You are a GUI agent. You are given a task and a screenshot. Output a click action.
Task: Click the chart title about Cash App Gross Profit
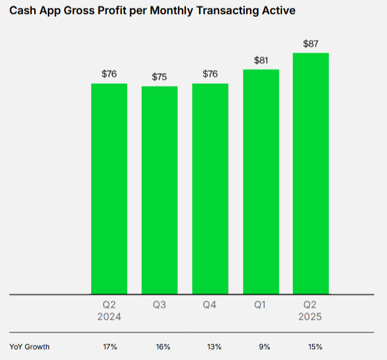click(x=152, y=11)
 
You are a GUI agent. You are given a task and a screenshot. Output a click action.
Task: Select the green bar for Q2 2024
click(x=109, y=188)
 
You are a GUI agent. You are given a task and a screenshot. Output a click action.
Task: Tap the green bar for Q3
click(x=160, y=190)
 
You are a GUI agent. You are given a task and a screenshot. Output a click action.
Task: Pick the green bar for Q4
click(x=210, y=188)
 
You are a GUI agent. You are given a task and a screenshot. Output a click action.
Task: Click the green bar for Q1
click(x=260, y=182)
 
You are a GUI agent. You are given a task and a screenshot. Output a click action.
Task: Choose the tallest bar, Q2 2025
click(x=311, y=173)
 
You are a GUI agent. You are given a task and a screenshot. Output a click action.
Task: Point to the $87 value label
click(x=311, y=44)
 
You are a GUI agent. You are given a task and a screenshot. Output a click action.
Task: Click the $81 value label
click(x=260, y=60)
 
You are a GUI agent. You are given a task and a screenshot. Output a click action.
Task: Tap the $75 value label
click(x=160, y=77)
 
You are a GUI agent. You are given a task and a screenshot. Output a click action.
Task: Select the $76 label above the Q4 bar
click(x=210, y=74)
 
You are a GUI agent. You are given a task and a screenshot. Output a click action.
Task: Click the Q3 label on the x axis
click(x=160, y=305)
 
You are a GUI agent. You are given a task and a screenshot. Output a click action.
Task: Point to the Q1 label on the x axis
click(x=260, y=305)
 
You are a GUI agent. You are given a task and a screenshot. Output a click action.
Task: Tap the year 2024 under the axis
click(x=109, y=317)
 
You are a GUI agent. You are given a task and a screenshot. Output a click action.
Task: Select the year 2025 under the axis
click(x=311, y=317)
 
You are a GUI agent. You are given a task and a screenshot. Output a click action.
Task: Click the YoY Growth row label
click(x=29, y=347)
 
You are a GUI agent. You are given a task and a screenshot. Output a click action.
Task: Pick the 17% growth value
click(x=110, y=347)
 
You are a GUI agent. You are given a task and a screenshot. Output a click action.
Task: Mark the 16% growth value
click(x=163, y=347)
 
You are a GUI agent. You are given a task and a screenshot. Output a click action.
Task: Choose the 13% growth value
click(x=214, y=347)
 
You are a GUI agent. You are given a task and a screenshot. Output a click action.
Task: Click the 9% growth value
click(x=265, y=347)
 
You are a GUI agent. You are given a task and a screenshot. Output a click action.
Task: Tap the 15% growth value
click(x=316, y=347)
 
